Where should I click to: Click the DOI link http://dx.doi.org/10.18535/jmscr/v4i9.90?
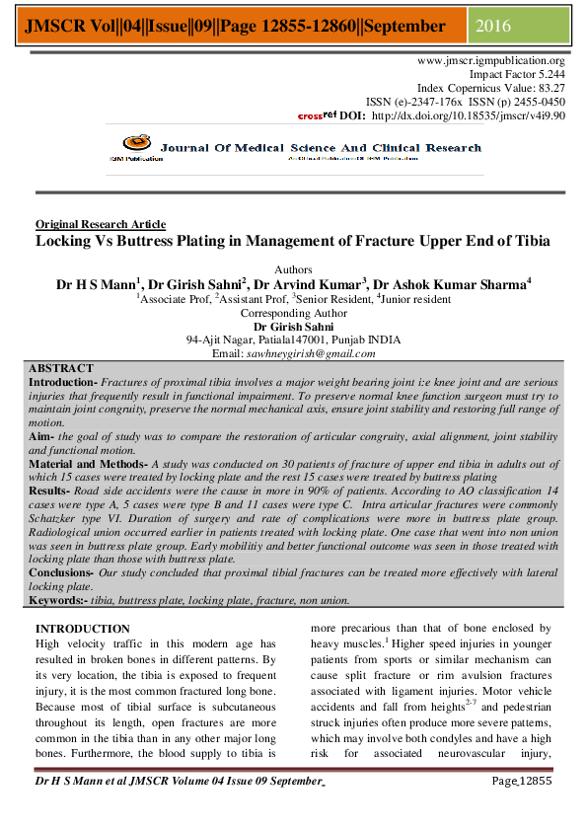(x=468, y=115)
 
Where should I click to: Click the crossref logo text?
(x=317, y=115)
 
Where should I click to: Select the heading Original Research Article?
(x=101, y=224)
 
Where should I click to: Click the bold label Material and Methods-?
(x=87, y=462)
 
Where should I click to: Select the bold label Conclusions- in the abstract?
(x=61, y=571)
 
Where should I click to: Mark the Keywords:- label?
(x=58, y=599)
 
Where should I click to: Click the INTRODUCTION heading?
(x=82, y=629)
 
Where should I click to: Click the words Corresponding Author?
(x=293, y=312)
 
